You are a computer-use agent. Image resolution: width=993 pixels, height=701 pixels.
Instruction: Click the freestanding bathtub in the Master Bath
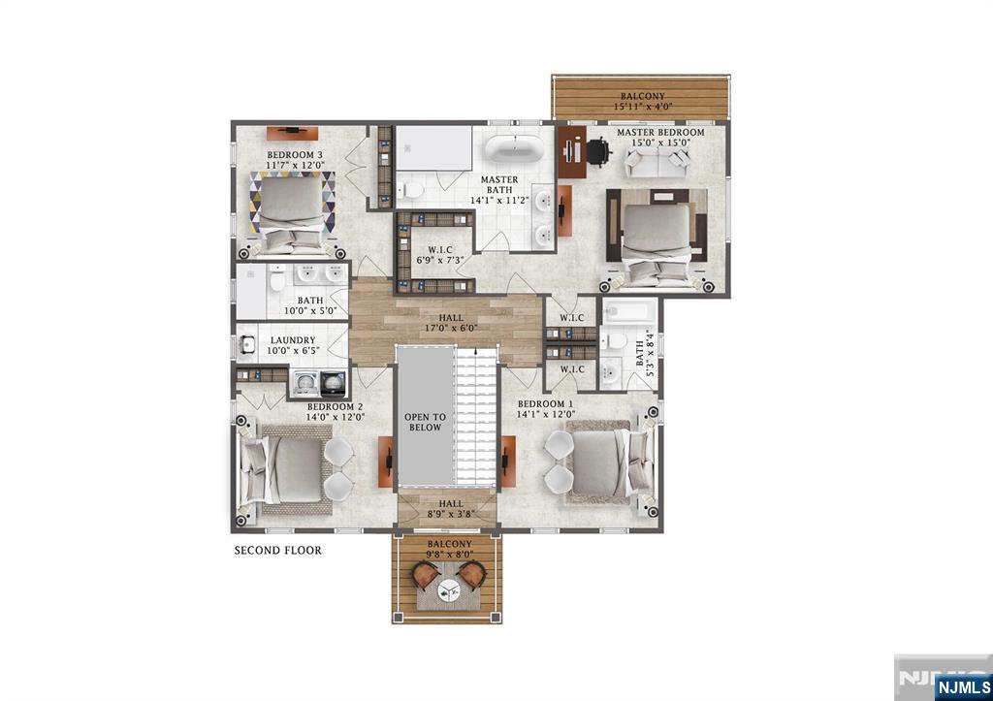click(514, 149)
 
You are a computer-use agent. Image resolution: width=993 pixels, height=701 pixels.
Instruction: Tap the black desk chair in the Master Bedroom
click(598, 151)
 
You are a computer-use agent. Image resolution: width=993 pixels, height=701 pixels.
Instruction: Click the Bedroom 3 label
click(295, 160)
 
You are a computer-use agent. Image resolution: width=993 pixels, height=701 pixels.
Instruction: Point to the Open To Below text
click(425, 423)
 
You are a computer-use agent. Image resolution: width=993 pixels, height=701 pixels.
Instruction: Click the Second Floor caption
click(278, 551)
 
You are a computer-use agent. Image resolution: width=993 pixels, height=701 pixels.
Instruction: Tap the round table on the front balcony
click(449, 593)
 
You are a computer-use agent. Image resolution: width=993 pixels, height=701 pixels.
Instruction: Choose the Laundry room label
click(293, 345)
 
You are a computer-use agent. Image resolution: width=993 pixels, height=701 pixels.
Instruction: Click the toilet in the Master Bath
click(410, 189)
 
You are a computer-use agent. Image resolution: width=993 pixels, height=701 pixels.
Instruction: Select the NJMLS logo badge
click(963, 687)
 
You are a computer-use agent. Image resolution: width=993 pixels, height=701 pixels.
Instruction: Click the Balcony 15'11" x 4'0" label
click(643, 101)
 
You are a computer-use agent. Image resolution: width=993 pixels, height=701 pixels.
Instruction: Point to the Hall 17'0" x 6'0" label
click(451, 323)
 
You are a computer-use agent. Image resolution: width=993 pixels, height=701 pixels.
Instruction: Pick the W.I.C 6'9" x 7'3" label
click(440, 255)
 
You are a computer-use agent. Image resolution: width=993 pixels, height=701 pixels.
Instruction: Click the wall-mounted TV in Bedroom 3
click(292, 133)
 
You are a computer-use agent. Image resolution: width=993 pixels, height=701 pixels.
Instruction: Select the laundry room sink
click(247, 345)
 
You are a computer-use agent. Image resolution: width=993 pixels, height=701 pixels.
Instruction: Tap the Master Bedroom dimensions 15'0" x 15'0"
click(660, 143)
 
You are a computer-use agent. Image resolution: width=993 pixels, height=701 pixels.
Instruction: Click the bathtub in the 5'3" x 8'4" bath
click(629, 311)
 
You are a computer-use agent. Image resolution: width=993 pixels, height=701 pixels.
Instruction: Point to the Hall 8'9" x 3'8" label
click(451, 509)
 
